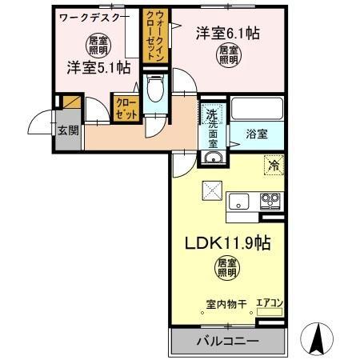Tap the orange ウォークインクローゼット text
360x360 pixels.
[151, 36]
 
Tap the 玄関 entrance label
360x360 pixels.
[67, 130]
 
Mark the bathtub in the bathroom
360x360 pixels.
[256, 108]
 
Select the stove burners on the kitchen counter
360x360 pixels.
[270, 201]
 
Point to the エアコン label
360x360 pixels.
[269, 302]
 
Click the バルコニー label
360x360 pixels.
[228, 342]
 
